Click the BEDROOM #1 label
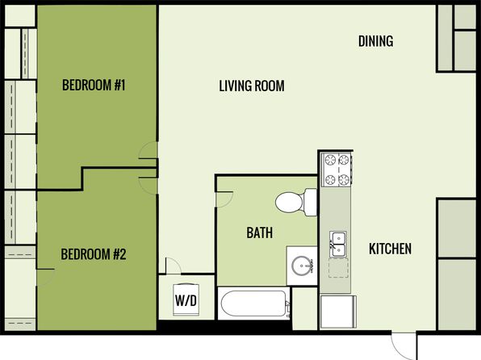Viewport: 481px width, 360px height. (94, 85)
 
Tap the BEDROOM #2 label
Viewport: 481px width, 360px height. (94, 254)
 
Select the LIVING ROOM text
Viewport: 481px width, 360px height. (252, 86)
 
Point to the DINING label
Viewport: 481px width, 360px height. (376, 41)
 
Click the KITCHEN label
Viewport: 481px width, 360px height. (390, 249)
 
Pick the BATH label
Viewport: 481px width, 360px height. (260, 232)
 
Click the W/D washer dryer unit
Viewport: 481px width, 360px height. (186, 299)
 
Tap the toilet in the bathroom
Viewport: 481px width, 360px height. (295, 203)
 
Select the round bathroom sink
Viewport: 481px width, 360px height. (302, 266)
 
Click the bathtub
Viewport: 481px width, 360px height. (253, 303)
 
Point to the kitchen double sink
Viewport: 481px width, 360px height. (338, 244)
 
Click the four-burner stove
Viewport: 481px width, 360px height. (337, 170)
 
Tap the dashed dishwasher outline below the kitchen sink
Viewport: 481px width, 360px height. (338, 268)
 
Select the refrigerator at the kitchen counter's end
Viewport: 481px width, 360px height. (338, 312)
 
